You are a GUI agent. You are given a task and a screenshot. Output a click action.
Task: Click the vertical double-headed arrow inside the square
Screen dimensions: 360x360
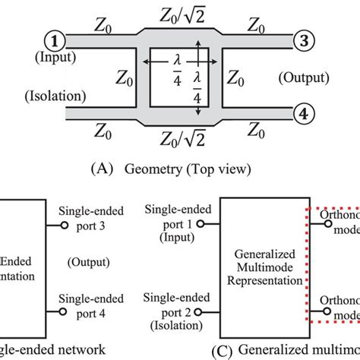[200, 78]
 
